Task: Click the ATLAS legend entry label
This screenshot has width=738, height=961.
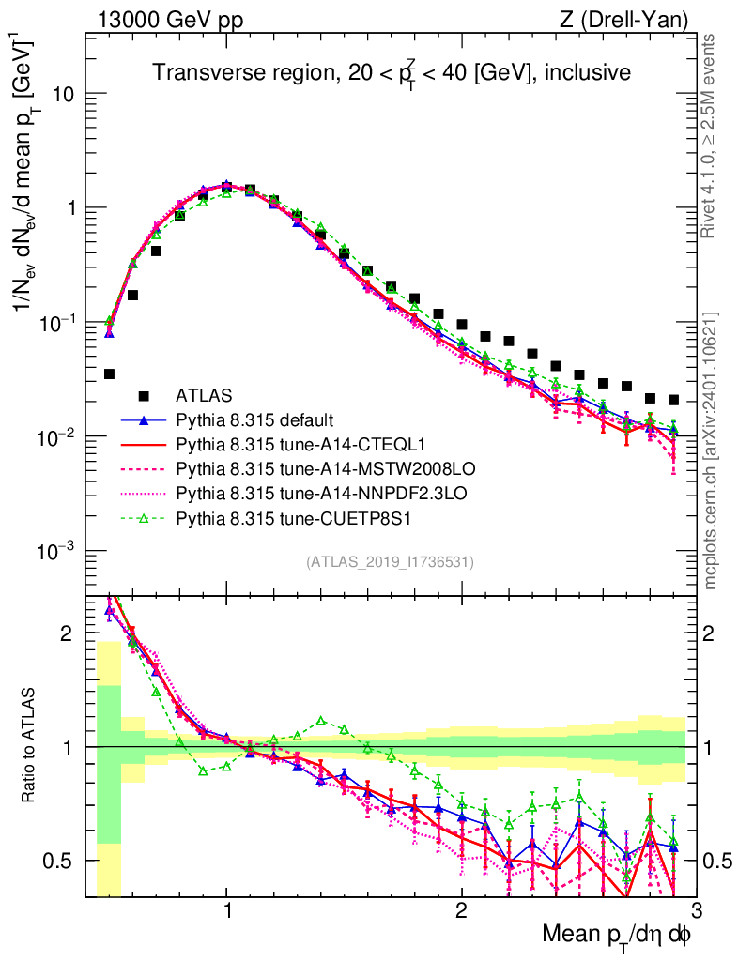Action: (x=205, y=394)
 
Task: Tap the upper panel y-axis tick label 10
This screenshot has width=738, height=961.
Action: (x=66, y=95)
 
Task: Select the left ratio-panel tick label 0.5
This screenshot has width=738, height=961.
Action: (x=66, y=861)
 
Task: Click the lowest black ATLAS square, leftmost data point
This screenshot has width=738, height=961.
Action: (x=109, y=374)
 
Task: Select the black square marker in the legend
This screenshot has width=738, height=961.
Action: (x=143, y=394)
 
